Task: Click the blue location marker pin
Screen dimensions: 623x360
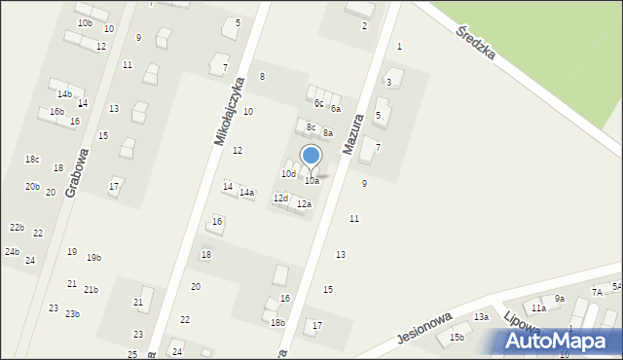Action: [x=311, y=156]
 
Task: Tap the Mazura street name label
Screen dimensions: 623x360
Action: [x=353, y=134]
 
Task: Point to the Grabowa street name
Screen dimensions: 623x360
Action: [x=77, y=172]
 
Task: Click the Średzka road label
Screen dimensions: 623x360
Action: [x=476, y=44]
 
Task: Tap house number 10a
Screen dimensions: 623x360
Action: [x=311, y=181]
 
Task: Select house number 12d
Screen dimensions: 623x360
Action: [x=280, y=198]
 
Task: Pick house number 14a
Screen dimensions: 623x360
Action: [x=247, y=193]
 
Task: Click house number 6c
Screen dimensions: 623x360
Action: [x=318, y=103]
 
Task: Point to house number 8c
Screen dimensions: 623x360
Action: [x=311, y=127]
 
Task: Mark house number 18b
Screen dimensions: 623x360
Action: [x=277, y=323]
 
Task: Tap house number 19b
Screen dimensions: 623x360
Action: [x=93, y=258]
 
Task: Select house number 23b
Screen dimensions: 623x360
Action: [x=72, y=314]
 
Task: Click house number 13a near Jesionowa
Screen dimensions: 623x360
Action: [x=481, y=317]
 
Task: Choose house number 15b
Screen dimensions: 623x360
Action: [x=457, y=338]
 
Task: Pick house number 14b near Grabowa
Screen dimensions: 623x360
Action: [x=64, y=94]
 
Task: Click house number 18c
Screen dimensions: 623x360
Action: [x=32, y=160]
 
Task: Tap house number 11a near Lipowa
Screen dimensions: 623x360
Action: [x=538, y=307]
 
